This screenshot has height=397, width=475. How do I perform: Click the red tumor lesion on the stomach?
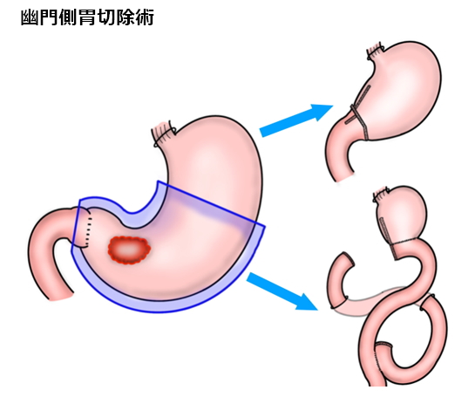[x=129, y=250]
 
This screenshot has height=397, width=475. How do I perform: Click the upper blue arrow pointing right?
[x=296, y=120]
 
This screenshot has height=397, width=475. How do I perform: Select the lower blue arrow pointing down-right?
[x=282, y=291]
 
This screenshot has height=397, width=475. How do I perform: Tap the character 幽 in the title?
[x=29, y=17]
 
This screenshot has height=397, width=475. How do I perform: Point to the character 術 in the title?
[x=145, y=17]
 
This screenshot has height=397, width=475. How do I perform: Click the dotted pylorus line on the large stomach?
[x=88, y=229]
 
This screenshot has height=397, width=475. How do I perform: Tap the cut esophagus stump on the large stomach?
[x=163, y=134]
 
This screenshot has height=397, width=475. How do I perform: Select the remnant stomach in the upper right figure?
[x=403, y=91]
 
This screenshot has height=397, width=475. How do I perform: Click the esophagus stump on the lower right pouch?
[x=382, y=195]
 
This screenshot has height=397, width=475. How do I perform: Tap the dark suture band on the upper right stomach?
[x=360, y=122]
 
